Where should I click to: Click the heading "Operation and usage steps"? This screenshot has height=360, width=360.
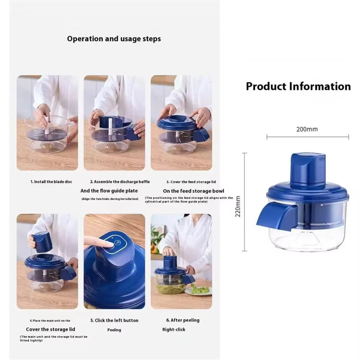pyautogui.click(x=114, y=39)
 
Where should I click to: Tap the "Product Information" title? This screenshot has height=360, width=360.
pyautogui.click(x=298, y=86)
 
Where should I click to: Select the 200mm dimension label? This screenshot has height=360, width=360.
pyautogui.click(x=307, y=129)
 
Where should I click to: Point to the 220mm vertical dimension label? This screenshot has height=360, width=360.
pyautogui.click(x=238, y=206)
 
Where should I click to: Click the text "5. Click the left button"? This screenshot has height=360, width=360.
pyautogui.click(x=114, y=320)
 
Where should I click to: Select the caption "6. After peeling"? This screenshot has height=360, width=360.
pyautogui.click(x=183, y=320)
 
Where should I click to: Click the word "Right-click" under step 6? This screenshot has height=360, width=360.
pyautogui.click(x=174, y=329)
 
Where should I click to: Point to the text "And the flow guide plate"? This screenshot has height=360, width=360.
pyautogui.click(x=109, y=191)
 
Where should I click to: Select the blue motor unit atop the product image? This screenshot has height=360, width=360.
pyautogui.click(x=308, y=169)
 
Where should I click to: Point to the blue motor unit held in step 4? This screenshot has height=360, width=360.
pyautogui.click(x=42, y=242)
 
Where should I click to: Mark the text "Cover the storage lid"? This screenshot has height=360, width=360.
pyautogui.click(x=50, y=329)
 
